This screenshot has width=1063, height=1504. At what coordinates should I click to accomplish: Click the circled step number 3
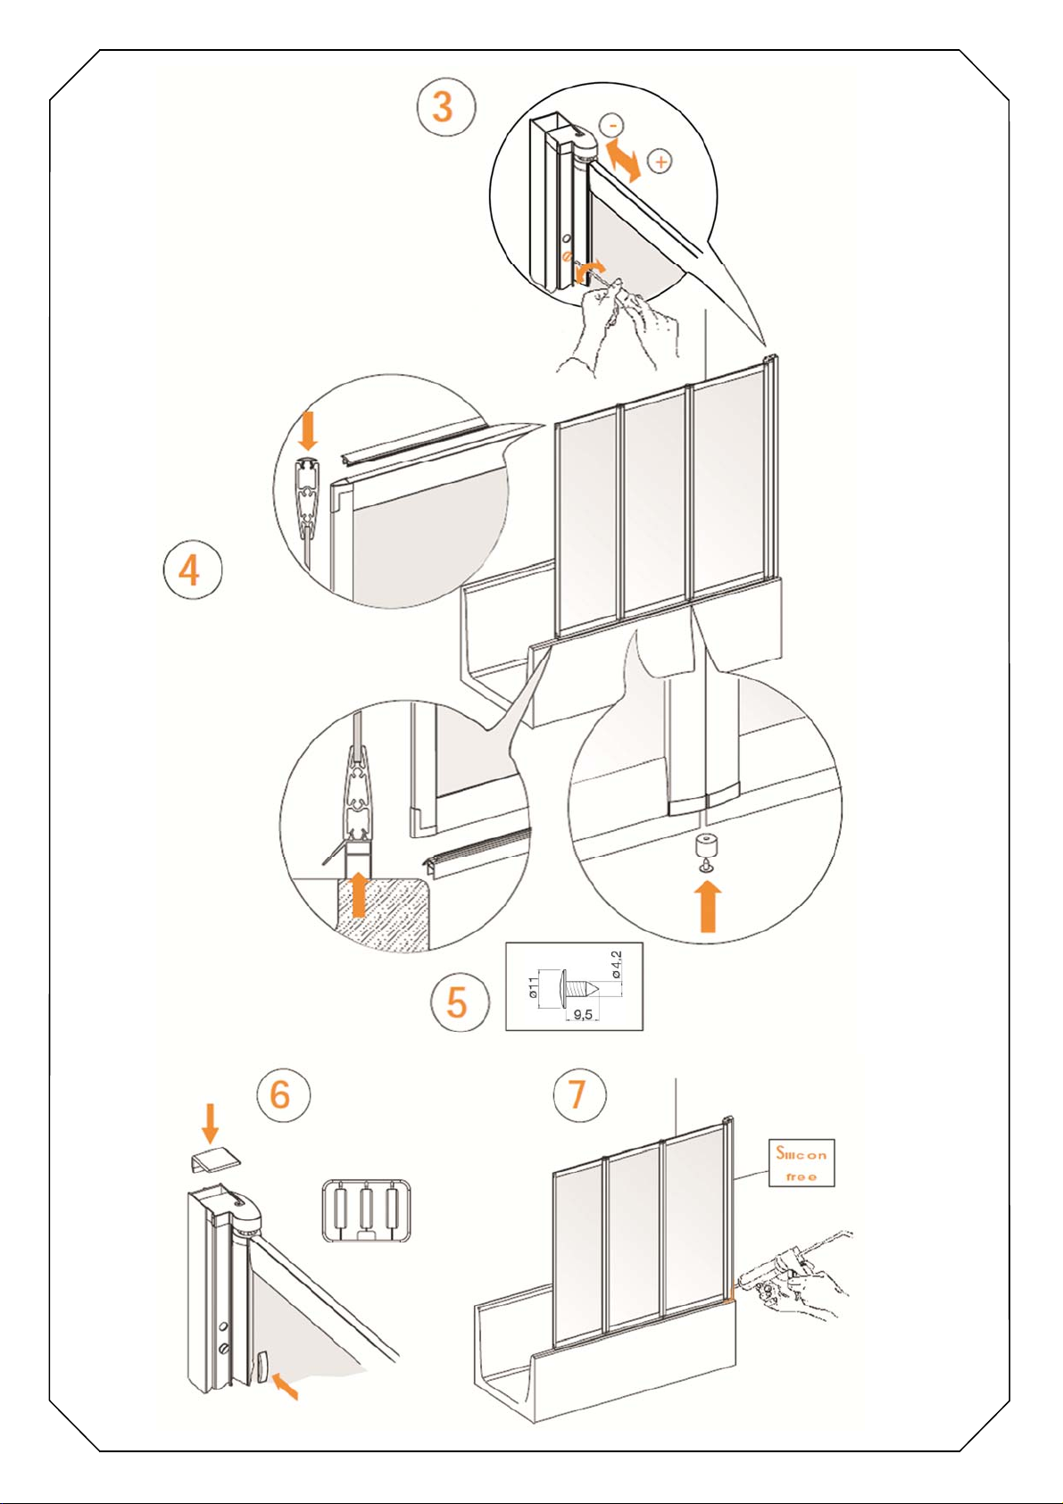click(446, 107)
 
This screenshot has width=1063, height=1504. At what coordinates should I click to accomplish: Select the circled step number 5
click(460, 1002)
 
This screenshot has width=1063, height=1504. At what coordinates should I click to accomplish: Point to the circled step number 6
click(283, 1094)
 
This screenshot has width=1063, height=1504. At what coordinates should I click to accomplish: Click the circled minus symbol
click(611, 125)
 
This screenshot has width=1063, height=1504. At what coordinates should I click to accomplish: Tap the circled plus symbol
click(660, 162)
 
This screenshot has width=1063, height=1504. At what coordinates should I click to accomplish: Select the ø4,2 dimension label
click(617, 965)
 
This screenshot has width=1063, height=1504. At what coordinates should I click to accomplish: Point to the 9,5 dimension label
click(583, 1015)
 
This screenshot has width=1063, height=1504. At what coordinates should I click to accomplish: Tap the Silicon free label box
click(801, 1163)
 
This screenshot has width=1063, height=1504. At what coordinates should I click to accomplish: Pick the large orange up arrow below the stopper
click(708, 907)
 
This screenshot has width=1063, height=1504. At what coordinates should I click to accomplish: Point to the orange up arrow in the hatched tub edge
click(360, 894)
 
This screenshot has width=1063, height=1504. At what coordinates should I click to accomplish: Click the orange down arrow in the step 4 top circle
click(308, 432)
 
